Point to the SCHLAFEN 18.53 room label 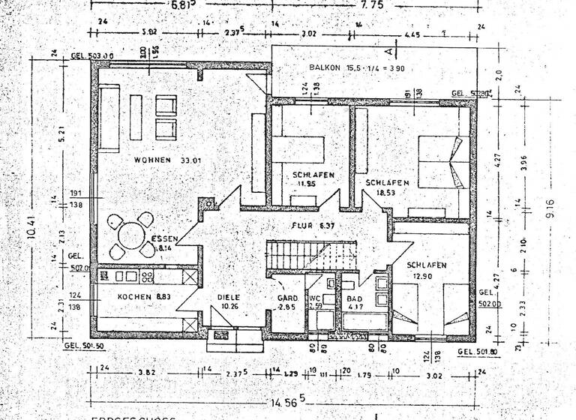click(387, 187)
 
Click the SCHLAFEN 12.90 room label click(427, 271)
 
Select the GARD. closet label click(286, 302)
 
